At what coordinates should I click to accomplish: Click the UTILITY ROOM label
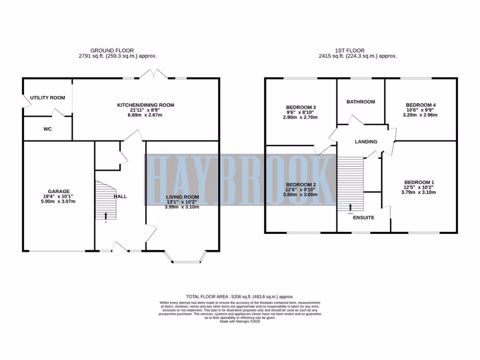[47, 97]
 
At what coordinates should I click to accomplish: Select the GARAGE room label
[59, 191]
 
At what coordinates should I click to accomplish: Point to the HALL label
[120, 196]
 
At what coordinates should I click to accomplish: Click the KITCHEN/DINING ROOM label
[145, 105]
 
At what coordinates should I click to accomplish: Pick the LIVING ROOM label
[182, 197]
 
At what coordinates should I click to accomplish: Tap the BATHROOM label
[360, 102]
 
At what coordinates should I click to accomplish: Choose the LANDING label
[366, 142]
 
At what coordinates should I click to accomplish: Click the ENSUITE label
[363, 218]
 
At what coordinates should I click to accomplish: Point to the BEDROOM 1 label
[420, 182]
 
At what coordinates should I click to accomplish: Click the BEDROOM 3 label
[300, 107]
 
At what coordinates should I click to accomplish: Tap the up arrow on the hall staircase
[105, 216]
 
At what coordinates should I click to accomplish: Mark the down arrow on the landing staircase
[351, 207]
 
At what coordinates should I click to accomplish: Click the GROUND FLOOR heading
[112, 50]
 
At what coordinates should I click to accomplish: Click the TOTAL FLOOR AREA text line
[240, 297]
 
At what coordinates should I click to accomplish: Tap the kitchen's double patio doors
[154, 74]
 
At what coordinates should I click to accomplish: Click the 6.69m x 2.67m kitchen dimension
[145, 115]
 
